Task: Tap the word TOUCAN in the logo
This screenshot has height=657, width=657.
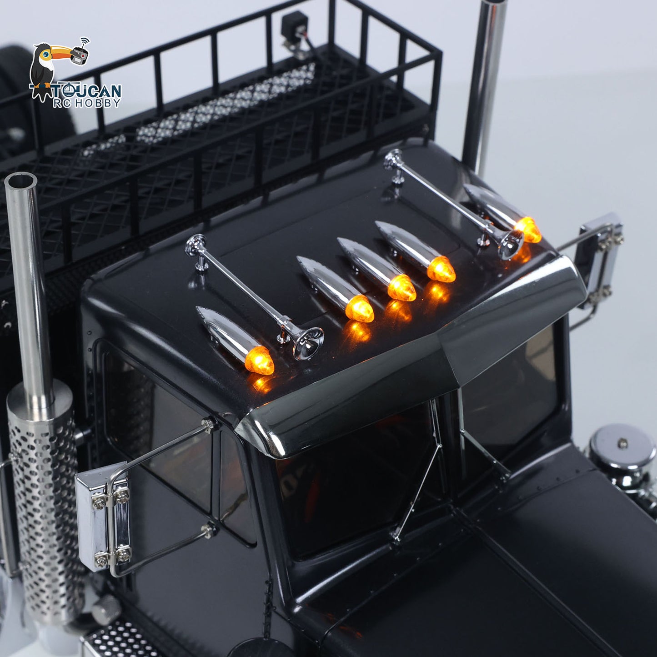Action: (86, 90)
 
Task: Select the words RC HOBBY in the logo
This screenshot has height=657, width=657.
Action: (86, 103)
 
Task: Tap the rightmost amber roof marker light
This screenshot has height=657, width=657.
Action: (528, 229)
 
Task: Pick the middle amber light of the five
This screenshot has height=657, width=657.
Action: (401, 287)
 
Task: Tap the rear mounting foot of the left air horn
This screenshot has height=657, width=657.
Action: (199, 264)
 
